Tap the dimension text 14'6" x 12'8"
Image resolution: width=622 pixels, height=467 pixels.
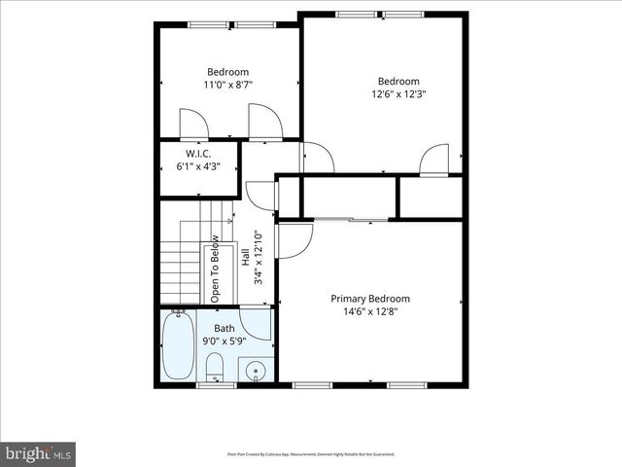coord(370,312)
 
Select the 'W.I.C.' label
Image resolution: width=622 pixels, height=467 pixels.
coord(198,155)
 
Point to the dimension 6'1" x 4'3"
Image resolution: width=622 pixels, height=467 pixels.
coord(198,167)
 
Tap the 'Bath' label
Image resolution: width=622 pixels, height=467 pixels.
coord(225,329)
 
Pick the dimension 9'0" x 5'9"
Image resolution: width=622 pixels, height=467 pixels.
coord(225,341)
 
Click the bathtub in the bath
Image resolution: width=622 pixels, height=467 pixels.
coord(178,347)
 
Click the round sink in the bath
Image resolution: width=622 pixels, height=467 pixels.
coord(256,371)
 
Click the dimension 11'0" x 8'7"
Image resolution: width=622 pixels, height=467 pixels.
coord(227,86)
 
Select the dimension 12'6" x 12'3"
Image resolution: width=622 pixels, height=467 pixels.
coord(398,94)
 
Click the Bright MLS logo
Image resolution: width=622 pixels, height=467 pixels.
coord(39,452)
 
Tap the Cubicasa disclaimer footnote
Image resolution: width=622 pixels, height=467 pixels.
coord(311,453)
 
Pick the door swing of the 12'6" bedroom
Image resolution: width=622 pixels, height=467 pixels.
coord(434,159)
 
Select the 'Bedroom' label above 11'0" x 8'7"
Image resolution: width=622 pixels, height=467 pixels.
coord(227,72)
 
